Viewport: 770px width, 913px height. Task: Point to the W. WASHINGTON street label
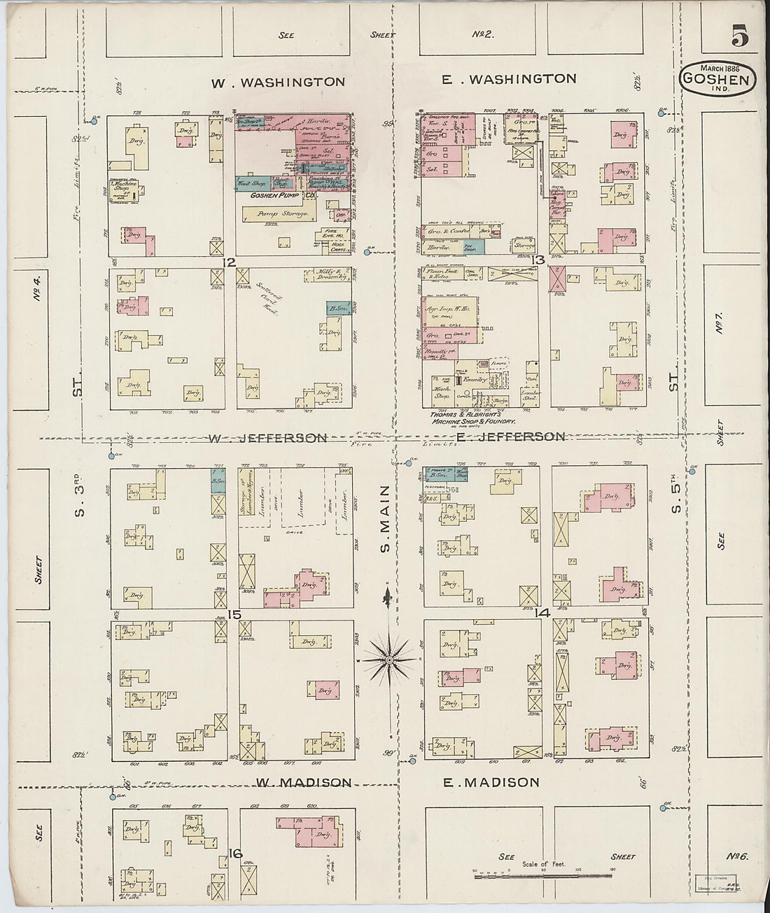click(x=278, y=83)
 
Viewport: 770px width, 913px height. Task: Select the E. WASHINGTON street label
click(x=509, y=79)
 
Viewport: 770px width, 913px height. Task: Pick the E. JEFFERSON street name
click(x=510, y=437)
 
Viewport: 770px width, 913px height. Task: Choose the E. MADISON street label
click(x=491, y=783)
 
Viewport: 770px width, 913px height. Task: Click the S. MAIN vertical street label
click(x=384, y=519)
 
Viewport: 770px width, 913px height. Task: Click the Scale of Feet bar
click(x=533, y=875)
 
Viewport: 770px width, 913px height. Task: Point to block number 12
click(x=227, y=262)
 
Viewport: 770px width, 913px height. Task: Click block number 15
click(x=234, y=615)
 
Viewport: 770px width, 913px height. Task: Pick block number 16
click(x=235, y=854)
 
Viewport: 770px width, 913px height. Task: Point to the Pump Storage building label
click(x=283, y=213)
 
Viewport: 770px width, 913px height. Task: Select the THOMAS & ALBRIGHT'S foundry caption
click(x=472, y=418)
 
